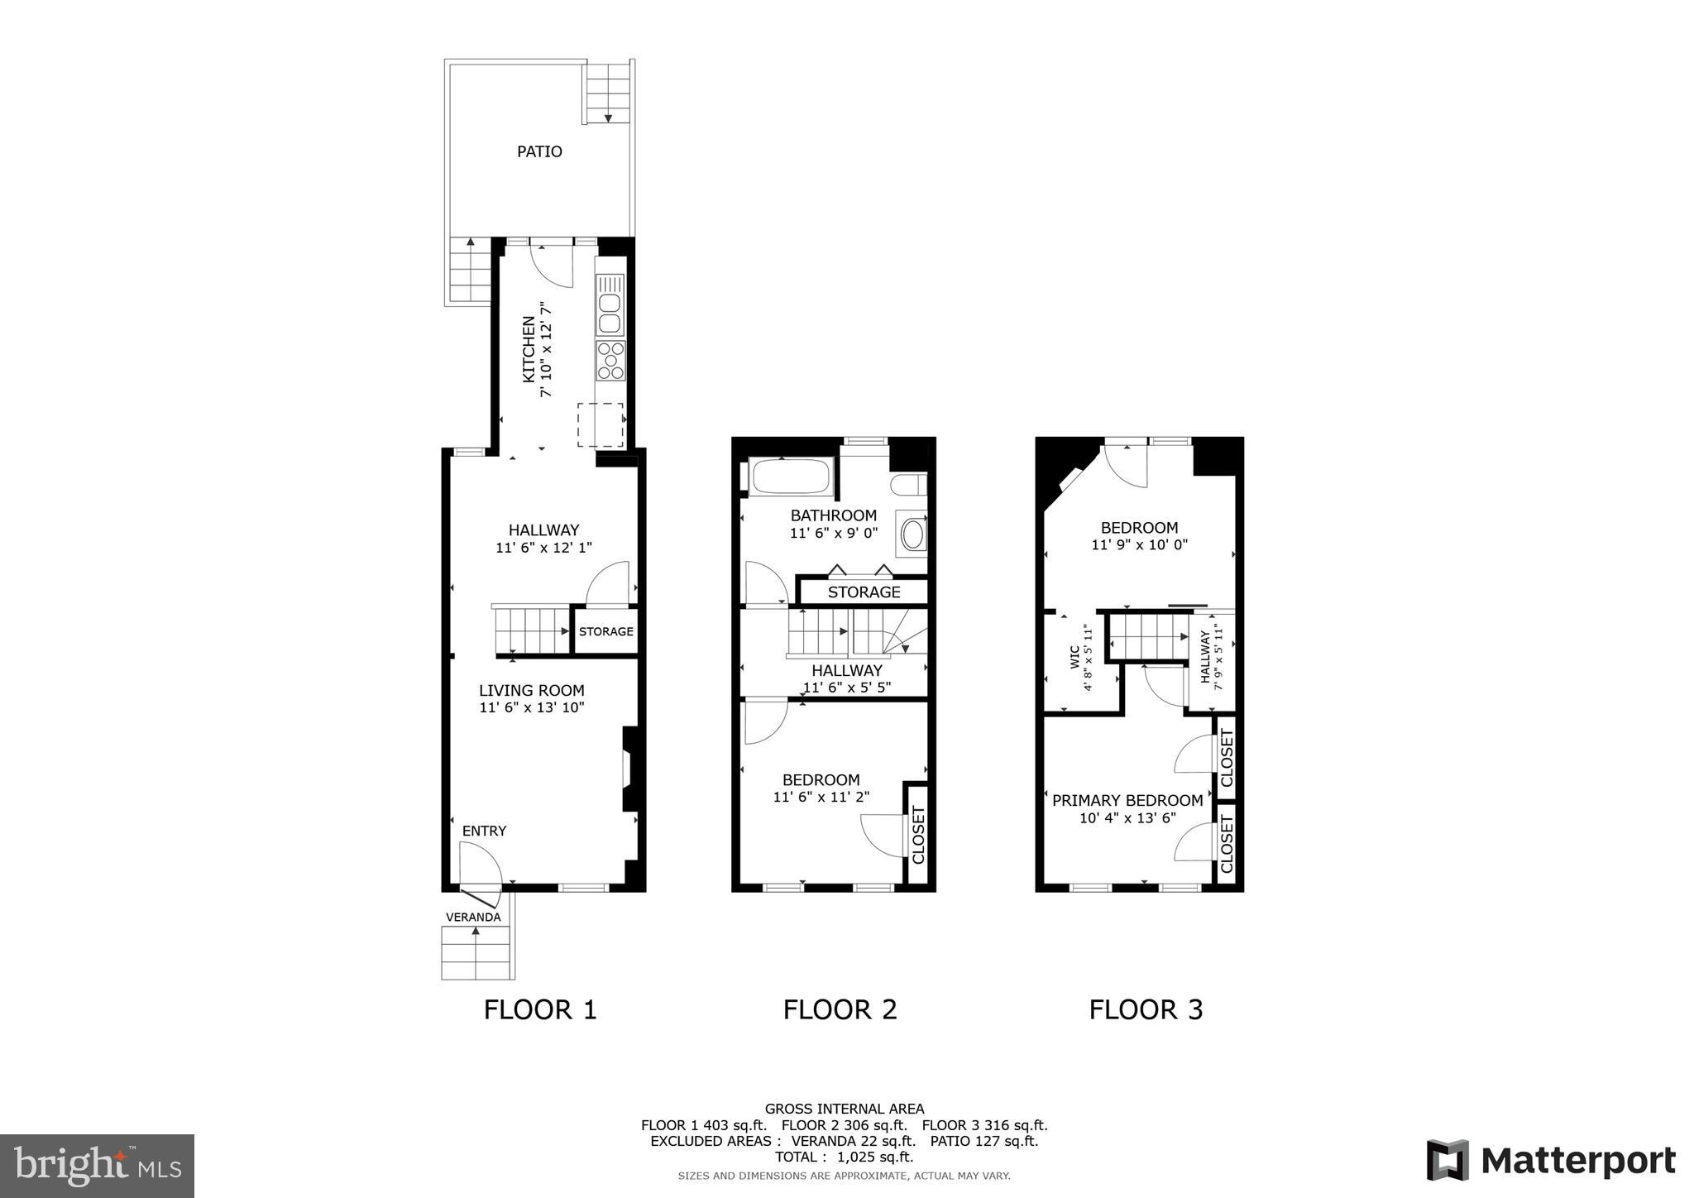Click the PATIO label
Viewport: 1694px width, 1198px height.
click(x=539, y=151)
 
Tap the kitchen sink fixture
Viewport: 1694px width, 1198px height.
click(x=610, y=303)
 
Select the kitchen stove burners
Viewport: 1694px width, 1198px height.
click(x=610, y=361)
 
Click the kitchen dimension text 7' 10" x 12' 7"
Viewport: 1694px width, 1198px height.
click(x=546, y=349)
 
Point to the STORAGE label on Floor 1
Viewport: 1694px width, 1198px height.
click(x=605, y=631)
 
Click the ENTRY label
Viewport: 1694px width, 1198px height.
click(x=484, y=831)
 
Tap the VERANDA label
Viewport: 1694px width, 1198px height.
click(x=473, y=917)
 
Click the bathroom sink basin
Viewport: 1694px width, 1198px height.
click(x=912, y=534)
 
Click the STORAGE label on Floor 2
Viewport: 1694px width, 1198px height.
click(x=864, y=592)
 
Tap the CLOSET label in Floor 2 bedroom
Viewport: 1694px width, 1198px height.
click(x=917, y=834)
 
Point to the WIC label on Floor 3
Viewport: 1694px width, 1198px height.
click(x=1074, y=657)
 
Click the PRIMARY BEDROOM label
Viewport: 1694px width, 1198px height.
click(x=1127, y=800)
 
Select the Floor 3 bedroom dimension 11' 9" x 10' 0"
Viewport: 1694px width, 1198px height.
click(x=1139, y=545)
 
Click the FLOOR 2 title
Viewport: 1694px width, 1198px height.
click(x=840, y=1009)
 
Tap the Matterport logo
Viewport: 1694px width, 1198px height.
click(x=1551, y=1160)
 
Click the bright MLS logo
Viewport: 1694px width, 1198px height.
click(x=98, y=1167)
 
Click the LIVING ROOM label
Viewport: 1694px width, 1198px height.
click(x=531, y=690)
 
